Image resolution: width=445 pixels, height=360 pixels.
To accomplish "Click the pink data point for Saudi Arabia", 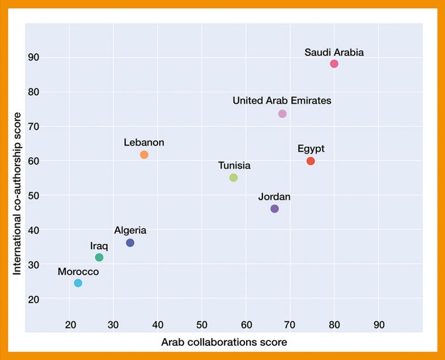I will tap(334, 63).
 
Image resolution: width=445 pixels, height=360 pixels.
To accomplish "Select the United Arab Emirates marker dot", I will tap(282, 114).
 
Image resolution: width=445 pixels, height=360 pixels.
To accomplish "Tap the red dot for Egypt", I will tap(311, 161).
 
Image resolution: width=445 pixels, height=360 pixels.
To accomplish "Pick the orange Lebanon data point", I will tap(144, 155).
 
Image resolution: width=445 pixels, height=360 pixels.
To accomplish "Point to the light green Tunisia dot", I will tap(234, 177).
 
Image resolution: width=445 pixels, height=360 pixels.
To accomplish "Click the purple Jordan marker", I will tap(274, 209).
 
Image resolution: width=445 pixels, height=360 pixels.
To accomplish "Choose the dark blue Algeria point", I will tap(130, 243).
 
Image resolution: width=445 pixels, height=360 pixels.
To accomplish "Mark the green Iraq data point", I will tap(99, 257).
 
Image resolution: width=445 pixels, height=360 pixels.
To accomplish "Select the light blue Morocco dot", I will tap(78, 283).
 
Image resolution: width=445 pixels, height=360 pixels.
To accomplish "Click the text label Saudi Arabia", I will tap(334, 52).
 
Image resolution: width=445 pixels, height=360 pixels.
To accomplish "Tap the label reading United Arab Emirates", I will tap(282, 100).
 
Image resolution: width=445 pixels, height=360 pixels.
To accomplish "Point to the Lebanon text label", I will tap(144, 142).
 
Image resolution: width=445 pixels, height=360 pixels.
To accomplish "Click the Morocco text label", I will tap(78, 272).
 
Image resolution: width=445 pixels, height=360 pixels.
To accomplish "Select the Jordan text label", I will tap(274, 197).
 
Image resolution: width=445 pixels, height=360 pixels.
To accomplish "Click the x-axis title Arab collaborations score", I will tap(224, 342).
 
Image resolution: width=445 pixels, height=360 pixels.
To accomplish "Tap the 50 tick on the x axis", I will tap(202, 325).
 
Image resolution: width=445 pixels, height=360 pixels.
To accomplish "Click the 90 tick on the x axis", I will tap(379, 325).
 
